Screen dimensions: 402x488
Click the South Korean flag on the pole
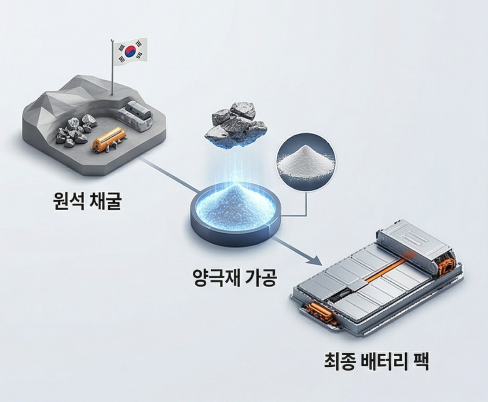[130, 51]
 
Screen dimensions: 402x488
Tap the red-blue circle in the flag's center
[130, 51]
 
